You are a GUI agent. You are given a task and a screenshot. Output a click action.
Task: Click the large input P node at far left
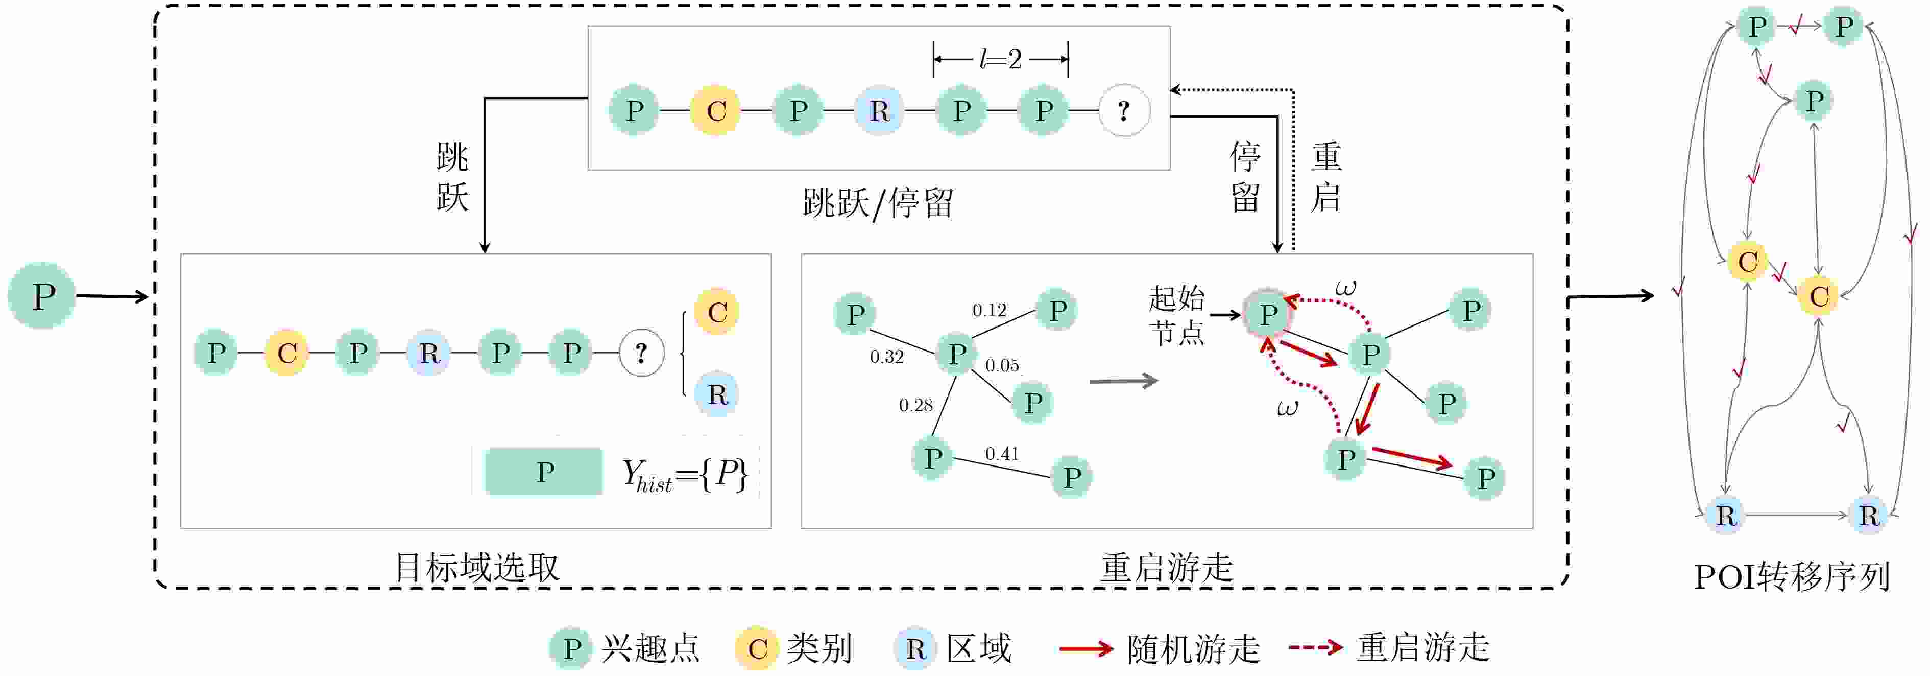(x=42, y=295)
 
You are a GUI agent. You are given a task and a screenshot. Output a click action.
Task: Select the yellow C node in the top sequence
(x=715, y=111)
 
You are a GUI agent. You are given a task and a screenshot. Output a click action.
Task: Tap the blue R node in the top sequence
(x=880, y=111)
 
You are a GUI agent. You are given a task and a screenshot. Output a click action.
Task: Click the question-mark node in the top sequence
(x=1123, y=111)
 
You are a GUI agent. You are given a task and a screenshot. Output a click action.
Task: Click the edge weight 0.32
(x=886, y=357)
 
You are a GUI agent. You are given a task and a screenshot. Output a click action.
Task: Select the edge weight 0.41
(x=1002, y=453)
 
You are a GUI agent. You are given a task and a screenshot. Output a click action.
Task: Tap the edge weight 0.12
(x=989, y=310)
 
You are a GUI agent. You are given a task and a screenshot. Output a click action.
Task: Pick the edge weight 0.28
(x=915, y=406)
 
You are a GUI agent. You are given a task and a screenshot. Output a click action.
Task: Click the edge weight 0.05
(x=1002, y=366)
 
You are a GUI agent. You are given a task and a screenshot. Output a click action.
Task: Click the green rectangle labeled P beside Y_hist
(x=544, y=472)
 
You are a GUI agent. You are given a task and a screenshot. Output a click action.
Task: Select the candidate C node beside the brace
(x=717, y=312)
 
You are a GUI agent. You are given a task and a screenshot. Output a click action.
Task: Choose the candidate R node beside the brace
(x=717, y=394)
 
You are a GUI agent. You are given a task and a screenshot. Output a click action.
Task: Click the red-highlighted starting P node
(x=1268, y=314)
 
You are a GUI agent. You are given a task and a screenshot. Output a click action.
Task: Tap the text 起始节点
(x=1176, y=315)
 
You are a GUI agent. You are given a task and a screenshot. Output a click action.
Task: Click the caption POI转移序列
(x=1792, y=577)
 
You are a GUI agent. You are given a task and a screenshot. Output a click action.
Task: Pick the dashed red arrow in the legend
(x=1315, y=647)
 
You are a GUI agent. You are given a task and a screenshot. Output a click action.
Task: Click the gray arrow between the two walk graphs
(x=1123, y=382)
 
